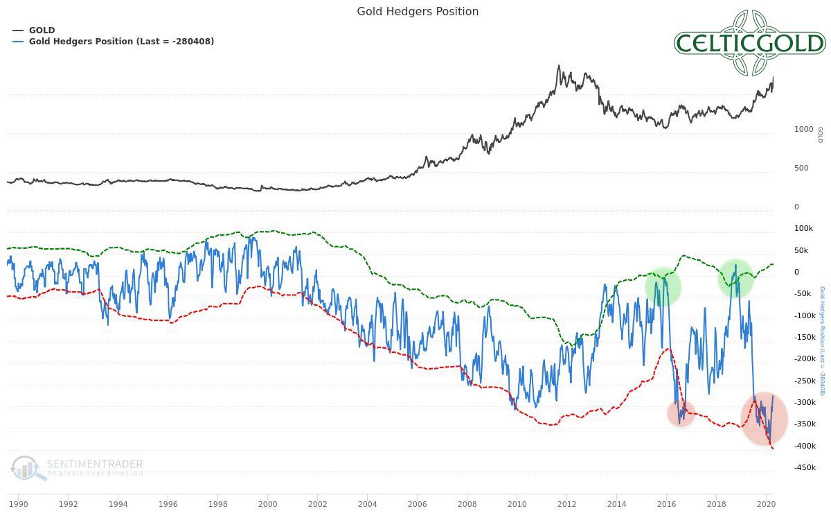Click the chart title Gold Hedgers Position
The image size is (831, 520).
coord(418,11)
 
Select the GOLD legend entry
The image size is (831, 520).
coord(42,31)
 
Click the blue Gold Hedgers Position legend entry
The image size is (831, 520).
coord(121,42)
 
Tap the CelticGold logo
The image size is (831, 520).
coord(750,43)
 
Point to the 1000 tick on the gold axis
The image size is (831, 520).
coord(803,129)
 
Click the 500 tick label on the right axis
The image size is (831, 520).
coord(801,168)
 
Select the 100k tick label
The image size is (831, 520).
coord(803,228)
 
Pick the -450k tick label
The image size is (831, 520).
coord(805,467)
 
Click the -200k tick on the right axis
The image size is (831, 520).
coord(805,358)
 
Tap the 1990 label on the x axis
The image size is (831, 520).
coord(18,504)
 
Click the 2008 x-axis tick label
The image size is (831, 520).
coord(467,504)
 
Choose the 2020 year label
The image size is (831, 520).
coord(766,504)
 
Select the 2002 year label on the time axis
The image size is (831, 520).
coord(317,504)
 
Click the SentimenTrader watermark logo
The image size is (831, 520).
coord(76,467)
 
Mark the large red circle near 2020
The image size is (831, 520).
coord(764,418)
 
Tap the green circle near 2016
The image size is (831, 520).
coord(663,286)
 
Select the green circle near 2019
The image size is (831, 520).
coord(735,277)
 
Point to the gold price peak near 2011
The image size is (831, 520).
coord(559,67)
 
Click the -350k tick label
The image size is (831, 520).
coord(805,424)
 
